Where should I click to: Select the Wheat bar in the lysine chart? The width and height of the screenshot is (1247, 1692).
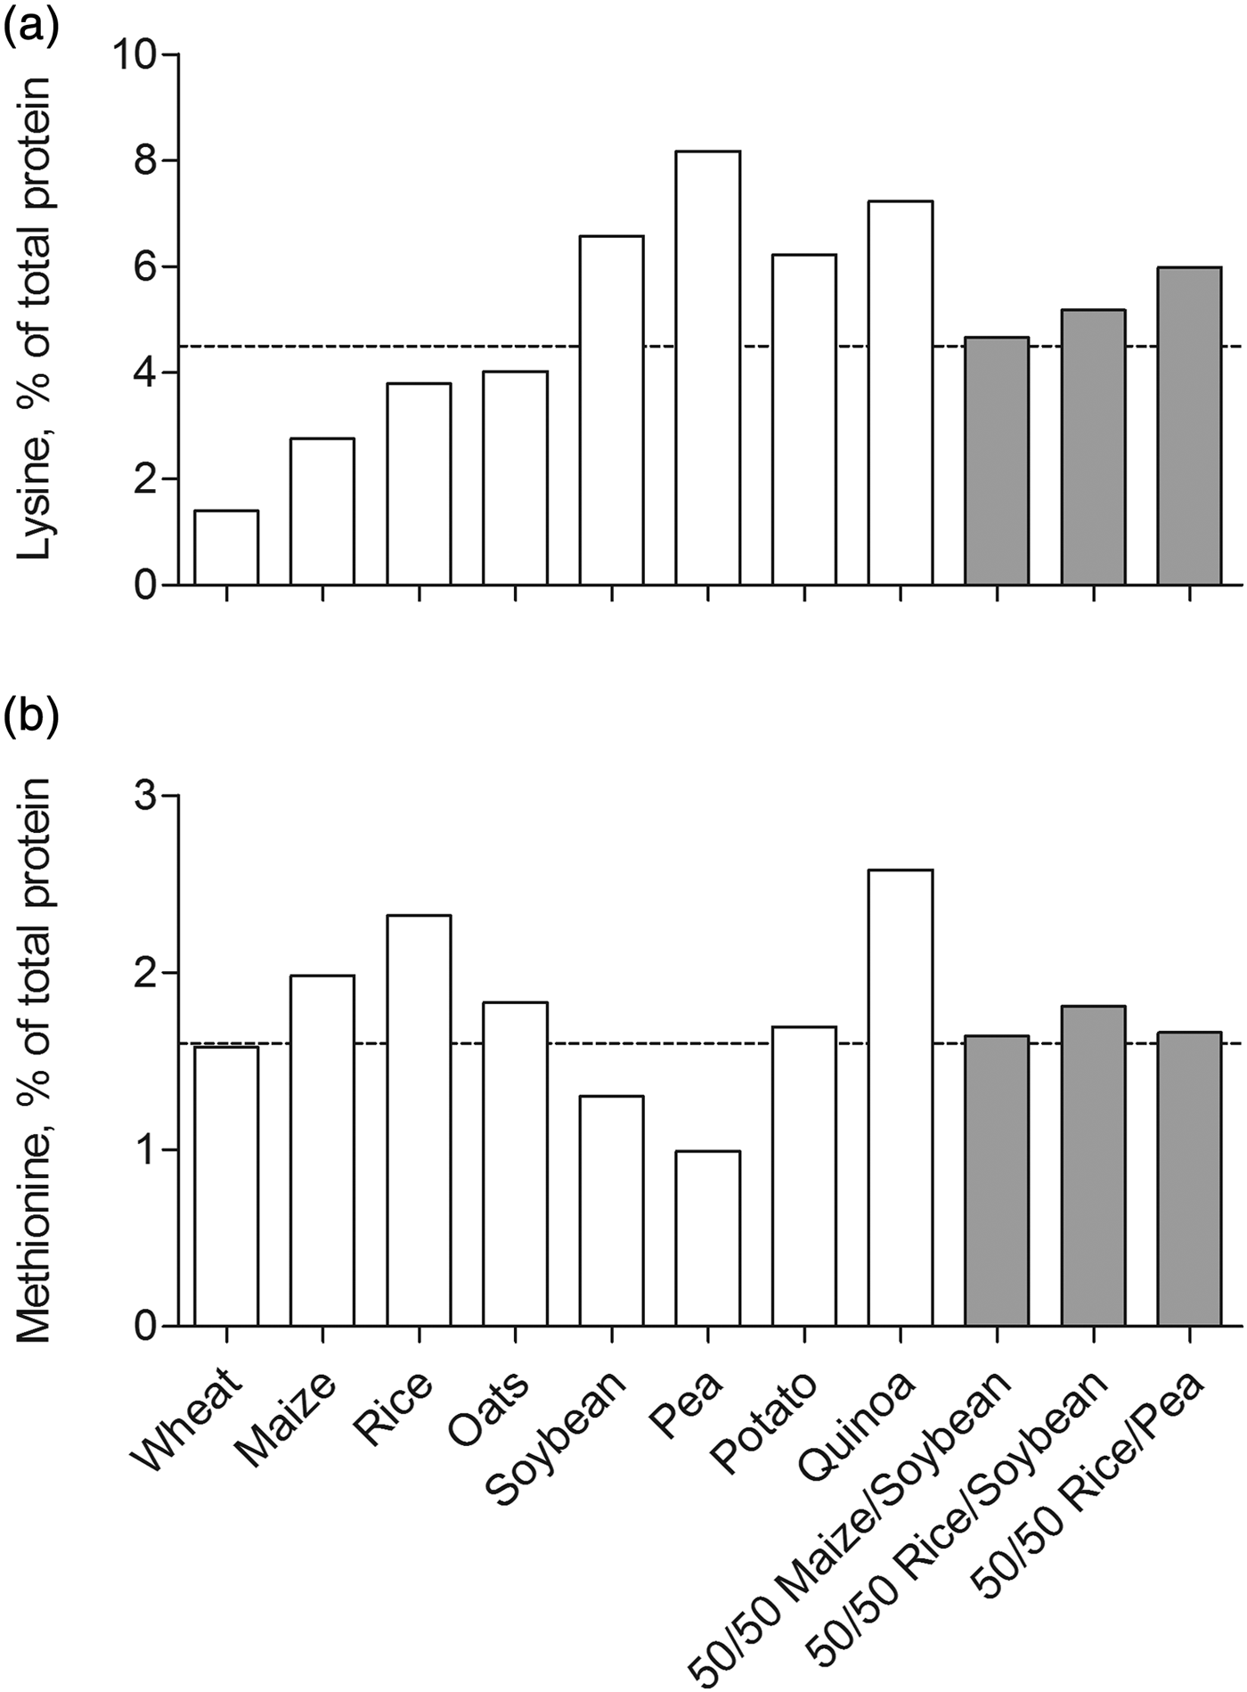pos(226,547)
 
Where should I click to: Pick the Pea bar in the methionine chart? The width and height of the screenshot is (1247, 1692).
pos(707,1238)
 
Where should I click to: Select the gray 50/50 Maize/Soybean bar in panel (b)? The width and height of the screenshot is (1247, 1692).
pos(997,1181)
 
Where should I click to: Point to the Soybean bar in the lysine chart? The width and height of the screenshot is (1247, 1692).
pos(611,410)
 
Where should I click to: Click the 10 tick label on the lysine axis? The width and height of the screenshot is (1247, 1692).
pos(134,55)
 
